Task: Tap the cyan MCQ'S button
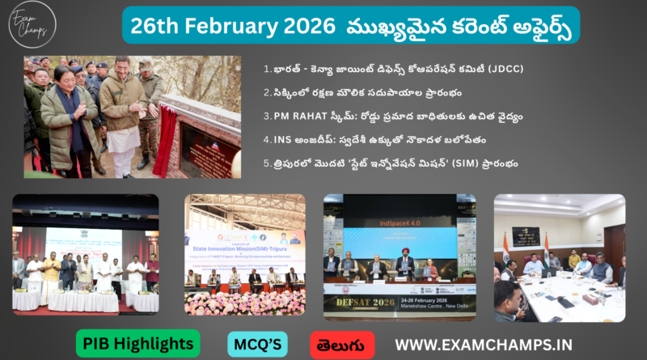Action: (x=257, y=344)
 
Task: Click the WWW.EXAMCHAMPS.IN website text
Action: (x=483, y=344)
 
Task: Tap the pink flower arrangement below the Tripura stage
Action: (x=244, y=303)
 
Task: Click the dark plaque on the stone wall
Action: (x=199, y=145)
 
